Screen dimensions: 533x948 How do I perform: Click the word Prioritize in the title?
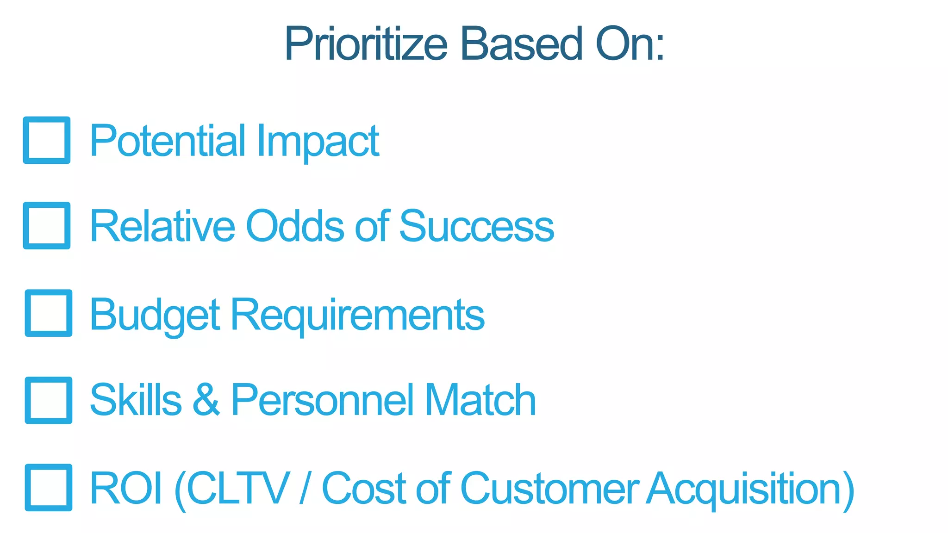click(x=366, y=43)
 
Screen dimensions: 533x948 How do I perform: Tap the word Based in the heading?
click(x=521, y=43)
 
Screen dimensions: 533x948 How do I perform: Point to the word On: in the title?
click(x=630, y=43)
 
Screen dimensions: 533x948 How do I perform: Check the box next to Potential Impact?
click(x=47, y=140)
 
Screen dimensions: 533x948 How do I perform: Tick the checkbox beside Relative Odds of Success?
click(x=47, y=225)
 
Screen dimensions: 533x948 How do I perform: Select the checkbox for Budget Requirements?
click(x=49, y=313)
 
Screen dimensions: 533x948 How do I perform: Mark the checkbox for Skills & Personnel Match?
click(x=49, y=400)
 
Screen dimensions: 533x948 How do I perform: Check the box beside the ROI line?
click(x=49, y=487)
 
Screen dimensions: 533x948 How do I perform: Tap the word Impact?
click(x=318, y=141)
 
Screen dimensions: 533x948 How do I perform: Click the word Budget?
click(x=155, y=315)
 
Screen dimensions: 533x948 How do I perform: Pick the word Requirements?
click(x=357, y=315)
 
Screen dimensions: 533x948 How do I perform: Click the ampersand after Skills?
click(x=206, y=400)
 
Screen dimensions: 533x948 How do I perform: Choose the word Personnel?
click(x=322, y=400)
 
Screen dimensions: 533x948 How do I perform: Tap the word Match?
click(x=480, y=400)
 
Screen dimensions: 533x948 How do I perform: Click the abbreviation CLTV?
click(x=238, y=488)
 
